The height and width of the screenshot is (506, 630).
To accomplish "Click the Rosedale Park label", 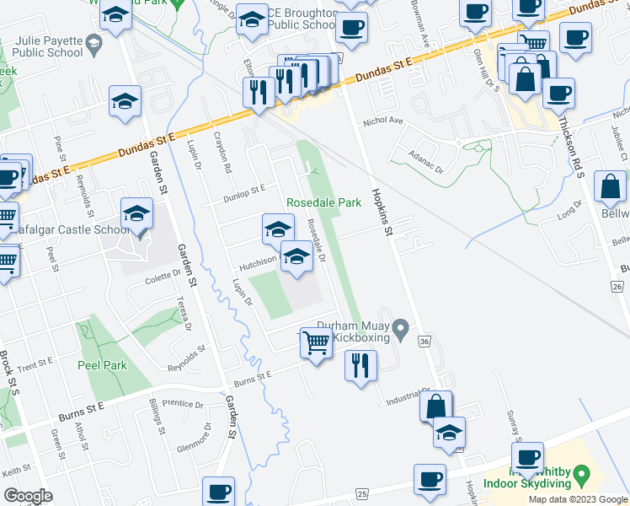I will point(324,202).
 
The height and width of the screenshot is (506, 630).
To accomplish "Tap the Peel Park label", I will point(102,365).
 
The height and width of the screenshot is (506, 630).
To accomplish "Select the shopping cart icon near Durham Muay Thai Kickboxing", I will point(316,342).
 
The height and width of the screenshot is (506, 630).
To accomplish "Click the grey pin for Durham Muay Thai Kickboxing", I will point(402,329).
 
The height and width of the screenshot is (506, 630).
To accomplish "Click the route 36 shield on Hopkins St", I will point(424,341).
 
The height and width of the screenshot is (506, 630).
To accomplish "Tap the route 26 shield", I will point(617,288).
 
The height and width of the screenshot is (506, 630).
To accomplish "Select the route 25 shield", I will point(363,493).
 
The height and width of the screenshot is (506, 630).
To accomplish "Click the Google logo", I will point(28,496).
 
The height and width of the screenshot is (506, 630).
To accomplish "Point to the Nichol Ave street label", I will point(383,121).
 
